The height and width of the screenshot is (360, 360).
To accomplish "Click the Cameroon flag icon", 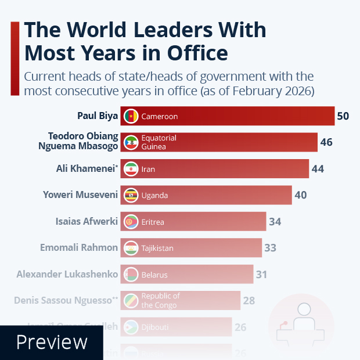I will coord(131,116).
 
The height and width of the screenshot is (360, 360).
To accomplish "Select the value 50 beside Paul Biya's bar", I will coord(343,116).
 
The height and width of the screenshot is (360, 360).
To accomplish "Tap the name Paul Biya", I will coord(98,116).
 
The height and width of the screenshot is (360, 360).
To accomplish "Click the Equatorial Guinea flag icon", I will coord(131,142).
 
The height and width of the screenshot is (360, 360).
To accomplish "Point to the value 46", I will coord(326,142).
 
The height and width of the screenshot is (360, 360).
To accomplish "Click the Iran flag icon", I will coord(131,169).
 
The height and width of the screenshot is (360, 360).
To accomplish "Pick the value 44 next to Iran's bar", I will coord(317,169).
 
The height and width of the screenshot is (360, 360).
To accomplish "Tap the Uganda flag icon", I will coord(131,195).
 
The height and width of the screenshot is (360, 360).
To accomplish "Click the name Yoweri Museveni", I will coord(81,195).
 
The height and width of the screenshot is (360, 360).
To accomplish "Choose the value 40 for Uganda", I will coord(300,195).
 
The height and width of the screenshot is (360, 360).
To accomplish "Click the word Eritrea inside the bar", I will coord(153,222).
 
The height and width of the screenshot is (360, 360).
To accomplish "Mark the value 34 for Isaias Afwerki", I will coord(275,222).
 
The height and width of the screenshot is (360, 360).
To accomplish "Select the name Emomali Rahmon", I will coord(79,248).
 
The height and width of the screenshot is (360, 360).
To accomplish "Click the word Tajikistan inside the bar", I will coord(158,248).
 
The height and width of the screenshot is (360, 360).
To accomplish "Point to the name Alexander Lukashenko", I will coord(67,274).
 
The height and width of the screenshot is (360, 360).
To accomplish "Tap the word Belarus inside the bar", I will coord(154,274).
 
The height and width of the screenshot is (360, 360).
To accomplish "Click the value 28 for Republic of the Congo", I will coord(250,301).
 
